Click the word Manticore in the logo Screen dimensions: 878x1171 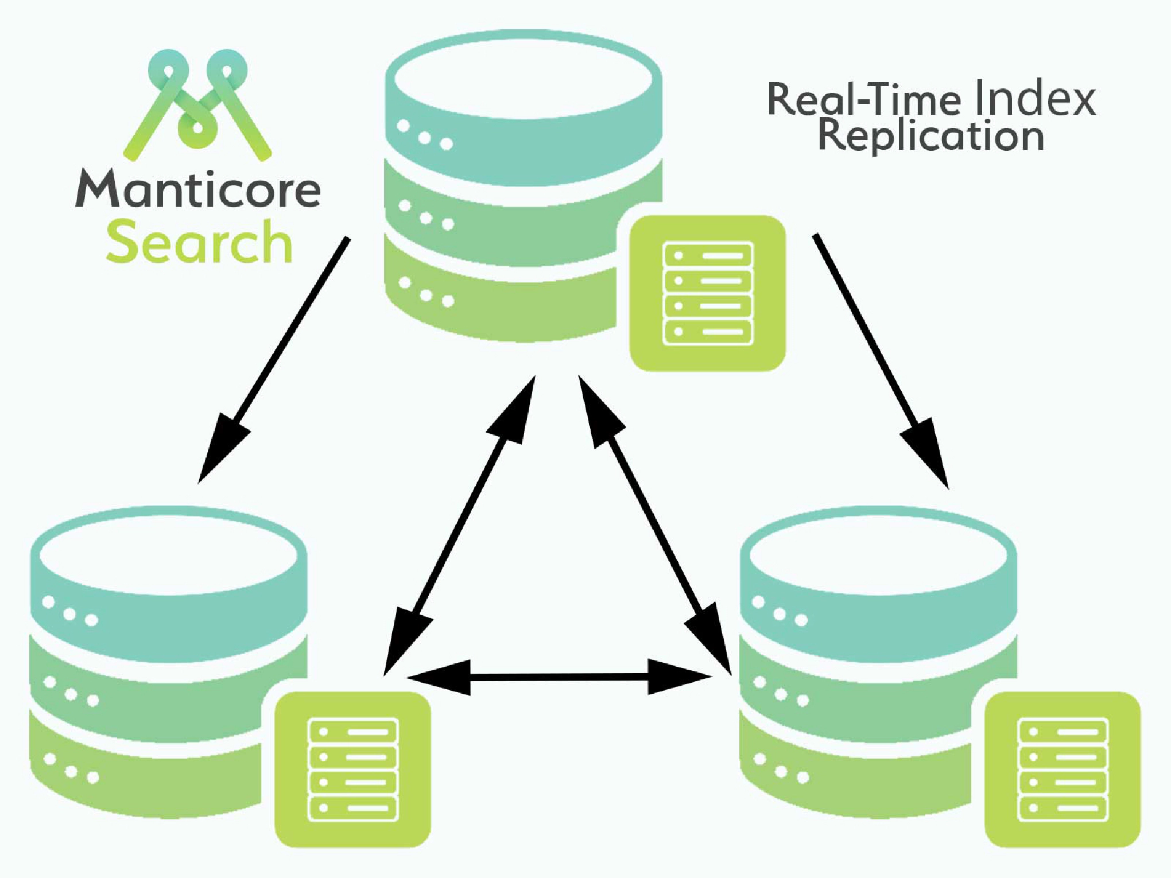coord(198,189)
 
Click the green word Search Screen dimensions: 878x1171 coord(199,242)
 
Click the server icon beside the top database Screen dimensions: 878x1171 coord(707,293)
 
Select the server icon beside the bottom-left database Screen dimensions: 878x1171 coord(353,770)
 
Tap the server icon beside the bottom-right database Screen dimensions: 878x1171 coord(1063,770)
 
